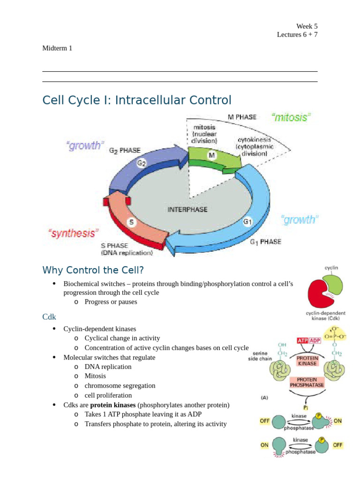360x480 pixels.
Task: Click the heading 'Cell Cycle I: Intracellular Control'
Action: (x=137, y=100)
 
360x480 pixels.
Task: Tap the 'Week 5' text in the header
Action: (x=307, y=26)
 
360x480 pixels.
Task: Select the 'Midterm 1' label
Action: (x=57, y=48)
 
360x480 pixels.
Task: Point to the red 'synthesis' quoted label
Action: (x=73, y=233)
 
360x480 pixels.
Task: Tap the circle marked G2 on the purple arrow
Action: (x=142, y=163)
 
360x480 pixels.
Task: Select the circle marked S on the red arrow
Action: (x=133, y=223)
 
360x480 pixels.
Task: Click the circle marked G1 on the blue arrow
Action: (x=247, y=221)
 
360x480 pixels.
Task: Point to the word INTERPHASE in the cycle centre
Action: (x=187, y=210)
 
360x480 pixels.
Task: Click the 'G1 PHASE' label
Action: (x=265, y=242)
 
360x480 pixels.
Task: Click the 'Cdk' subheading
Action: (x=49, y=317)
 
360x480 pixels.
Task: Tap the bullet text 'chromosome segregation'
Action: (x=120, y=385)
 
